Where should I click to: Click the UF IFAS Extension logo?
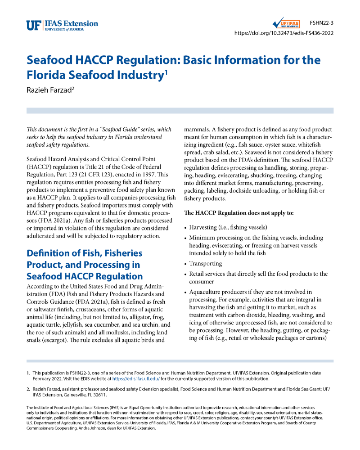[62, 26]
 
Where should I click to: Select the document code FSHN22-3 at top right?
[321, 22]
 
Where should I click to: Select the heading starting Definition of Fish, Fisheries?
[85, 265]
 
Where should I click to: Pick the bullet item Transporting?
[206, 264]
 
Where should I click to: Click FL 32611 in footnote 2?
[95, 395]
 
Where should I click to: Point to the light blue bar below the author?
[180, 110]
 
